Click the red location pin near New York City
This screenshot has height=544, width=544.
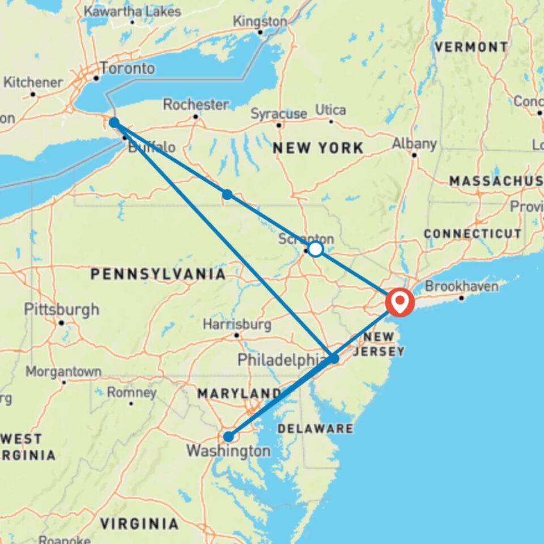pos(399,302)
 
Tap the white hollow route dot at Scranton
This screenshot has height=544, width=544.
pos(315,249)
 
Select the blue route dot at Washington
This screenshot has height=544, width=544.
pos(228,436)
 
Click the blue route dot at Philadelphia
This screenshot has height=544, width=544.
pos(334,359)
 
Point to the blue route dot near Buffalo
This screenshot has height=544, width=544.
pos(114,122)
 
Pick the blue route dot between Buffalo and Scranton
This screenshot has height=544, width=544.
pos(227,194)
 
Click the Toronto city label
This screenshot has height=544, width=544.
pos(127,69)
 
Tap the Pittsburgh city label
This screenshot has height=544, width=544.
pos(61,309)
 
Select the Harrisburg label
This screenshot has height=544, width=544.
pos(236,325)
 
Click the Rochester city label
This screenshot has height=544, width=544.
pos(195,105)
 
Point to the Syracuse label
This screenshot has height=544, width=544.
pos(278,114)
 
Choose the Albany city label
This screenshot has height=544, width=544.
pos(414,144)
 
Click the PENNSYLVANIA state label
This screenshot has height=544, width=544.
pos(158,274)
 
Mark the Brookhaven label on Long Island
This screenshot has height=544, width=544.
pos(461,287)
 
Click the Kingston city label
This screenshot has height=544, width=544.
pos(260,22)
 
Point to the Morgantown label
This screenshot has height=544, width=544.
pos(63,372)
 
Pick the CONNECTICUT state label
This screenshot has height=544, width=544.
pos(472,233)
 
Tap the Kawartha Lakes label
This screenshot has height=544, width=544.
pos(132,11)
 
